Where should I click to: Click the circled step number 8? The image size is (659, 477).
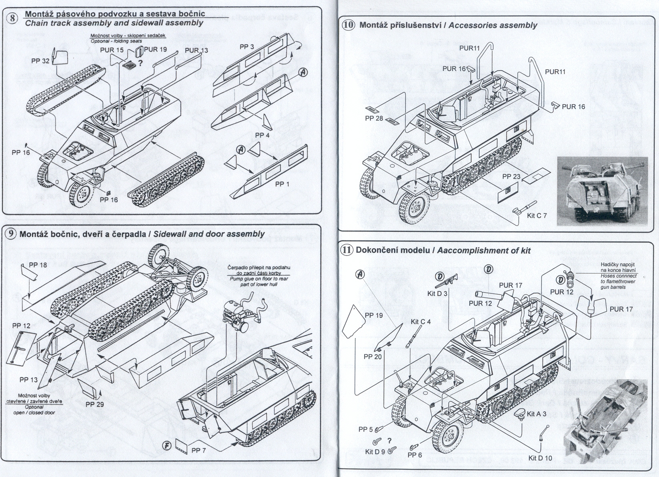click(14, 18)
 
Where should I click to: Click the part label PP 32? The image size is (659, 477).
click(40, 61)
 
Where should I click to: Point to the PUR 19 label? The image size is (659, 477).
click(156, 50)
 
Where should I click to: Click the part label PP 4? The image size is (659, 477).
click(262, 135)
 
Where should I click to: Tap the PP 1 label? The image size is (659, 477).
click(282, 184)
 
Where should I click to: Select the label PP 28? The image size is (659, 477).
click(374, 119)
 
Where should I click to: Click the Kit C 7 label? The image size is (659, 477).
click(537, 215)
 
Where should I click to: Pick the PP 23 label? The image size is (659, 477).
click(511, 177)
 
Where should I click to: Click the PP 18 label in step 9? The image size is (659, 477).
click(38, 265)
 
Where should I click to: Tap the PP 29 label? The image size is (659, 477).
click(94, 404)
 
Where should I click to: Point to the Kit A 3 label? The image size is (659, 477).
click(537, 414)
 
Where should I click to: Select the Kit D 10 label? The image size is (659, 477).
click(540, 458)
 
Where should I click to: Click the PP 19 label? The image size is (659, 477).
click(373, 316)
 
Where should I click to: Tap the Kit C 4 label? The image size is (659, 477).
click(421, 322)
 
